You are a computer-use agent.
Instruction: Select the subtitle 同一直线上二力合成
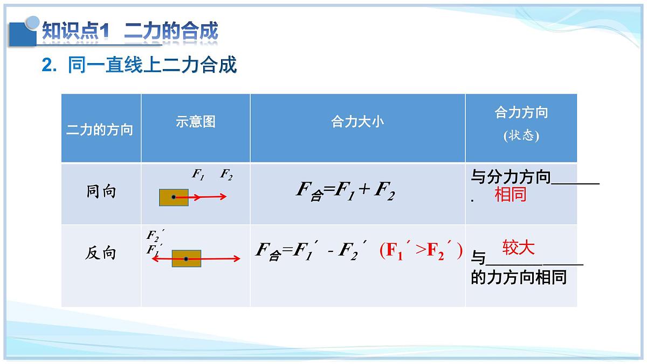pyautogui.click(x=139, y=65)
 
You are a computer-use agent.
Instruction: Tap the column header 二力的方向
pyautogui.click(x=100, y=130)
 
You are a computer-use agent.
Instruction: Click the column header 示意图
pyautogui.click(x=195, y=122)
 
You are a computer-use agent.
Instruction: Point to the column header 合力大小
pyautogui.click(x=357, y=122)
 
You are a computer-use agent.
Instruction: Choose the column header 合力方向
pyautogui.click(x=521, y=112)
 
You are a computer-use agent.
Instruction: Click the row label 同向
pyautogui.click(x=101, y=192)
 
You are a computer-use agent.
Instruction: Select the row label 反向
pyautogui.click(x=100, y=253)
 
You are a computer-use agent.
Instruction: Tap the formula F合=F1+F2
pyautogui.click(x=346, y=191)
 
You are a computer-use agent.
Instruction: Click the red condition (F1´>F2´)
pyautogui.click(x=421, y=251)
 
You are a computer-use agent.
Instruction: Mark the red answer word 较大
pyautogui.click(x=518, y=248)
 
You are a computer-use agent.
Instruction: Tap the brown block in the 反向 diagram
pyautogui.click(x=187, y=259)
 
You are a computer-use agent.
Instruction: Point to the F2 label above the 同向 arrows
pyautogui.click(x=226, y=175)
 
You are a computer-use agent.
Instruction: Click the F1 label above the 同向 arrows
pyautogui.click(x=198, y=175)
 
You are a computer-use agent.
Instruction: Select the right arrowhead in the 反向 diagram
pyautogui.click(x=237, y=259)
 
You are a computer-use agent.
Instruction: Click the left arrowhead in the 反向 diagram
pyautogui.click(x=154, y=259)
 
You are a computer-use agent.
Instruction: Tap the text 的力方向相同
pyautogui.click(x=518, y=278)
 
